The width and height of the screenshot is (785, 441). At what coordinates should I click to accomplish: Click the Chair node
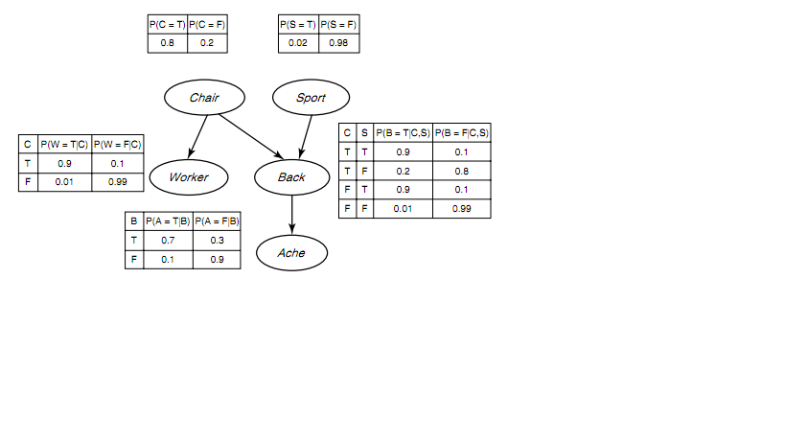click(204, 97)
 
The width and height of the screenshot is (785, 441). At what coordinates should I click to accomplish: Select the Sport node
click(311, 97)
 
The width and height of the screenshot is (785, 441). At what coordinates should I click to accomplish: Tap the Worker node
click(189, 177)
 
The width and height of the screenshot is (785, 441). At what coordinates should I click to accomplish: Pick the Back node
click(292, 177)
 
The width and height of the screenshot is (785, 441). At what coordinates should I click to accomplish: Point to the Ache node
click(292, 253)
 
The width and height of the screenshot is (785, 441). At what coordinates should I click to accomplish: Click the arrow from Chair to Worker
click(197, 137)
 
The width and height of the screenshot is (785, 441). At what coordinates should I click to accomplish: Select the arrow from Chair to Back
click(251, 137)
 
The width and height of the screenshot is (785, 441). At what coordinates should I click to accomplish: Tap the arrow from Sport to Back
click(306, 137)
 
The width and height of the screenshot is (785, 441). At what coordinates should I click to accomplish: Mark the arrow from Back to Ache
click(292, 215)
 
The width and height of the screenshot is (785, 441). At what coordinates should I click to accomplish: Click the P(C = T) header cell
click(167, 25)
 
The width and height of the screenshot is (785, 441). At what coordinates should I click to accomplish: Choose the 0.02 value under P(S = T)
click(298, 43)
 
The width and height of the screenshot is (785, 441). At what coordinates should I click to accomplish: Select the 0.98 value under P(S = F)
click(338, 43)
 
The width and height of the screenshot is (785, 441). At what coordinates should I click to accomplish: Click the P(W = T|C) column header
click(64, 144)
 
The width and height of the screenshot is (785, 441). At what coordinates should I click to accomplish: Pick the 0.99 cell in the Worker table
click(118, 182)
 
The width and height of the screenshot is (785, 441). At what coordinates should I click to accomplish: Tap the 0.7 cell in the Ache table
click(168, 241)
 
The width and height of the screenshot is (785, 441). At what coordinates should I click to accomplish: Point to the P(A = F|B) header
click(217, 221)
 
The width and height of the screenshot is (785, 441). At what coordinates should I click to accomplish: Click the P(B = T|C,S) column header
click(403, 132)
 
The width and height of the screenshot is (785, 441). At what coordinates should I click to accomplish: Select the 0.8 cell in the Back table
click(462, 172)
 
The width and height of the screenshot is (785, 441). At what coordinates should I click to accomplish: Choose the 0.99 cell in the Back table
click(462, 209)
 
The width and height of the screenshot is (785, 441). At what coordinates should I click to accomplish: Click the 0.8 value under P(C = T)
click(167, 43)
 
